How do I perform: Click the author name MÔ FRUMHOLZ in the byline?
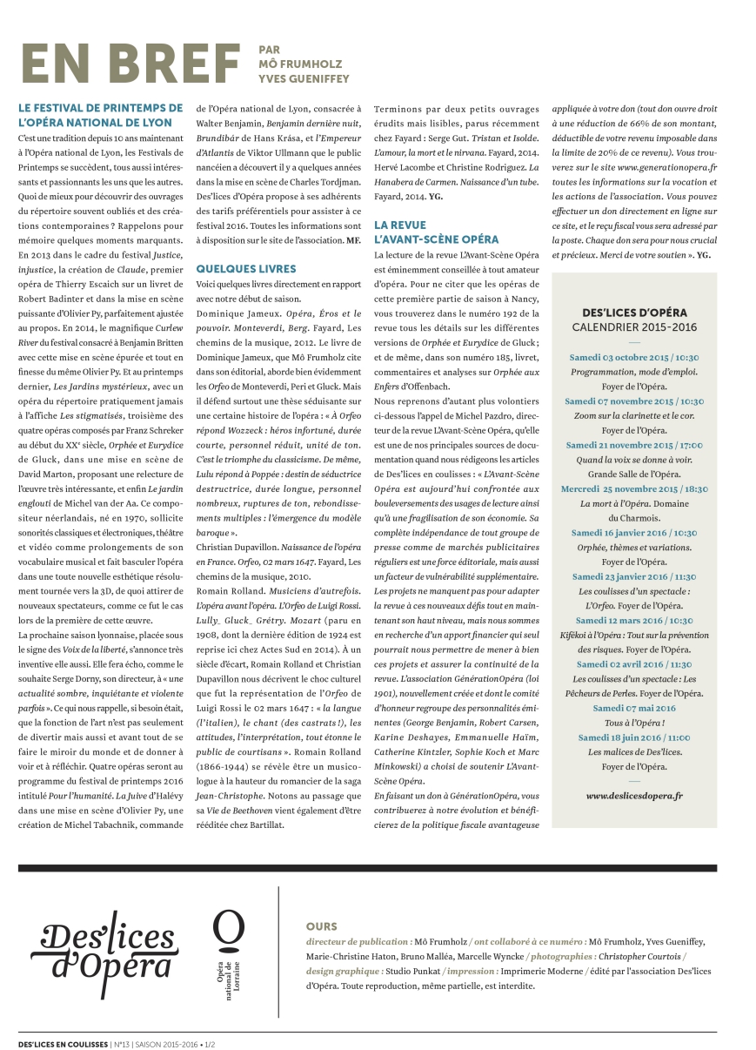[298, 64]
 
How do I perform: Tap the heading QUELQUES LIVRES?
[246, 269]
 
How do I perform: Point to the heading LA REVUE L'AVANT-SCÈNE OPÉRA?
[436, 232]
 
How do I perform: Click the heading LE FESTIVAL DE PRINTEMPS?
[100, 115]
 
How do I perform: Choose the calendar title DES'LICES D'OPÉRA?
[634, 313]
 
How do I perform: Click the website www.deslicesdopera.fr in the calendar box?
[634, 796]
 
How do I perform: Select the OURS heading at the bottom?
[321, 926]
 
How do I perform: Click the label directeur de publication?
[358, 942]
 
